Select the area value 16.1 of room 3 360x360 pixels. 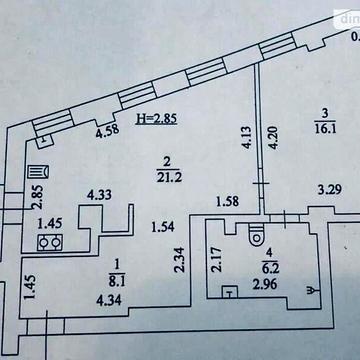(x=321, y=129)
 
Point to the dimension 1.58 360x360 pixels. (x=227, y=203)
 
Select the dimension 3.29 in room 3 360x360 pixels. (x=329, y=189)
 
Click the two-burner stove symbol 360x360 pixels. (x=46, y=241)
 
